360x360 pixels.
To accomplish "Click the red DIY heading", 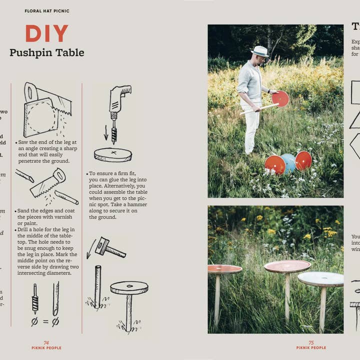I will [x=46, y=34].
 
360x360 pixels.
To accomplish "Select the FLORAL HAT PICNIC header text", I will [x=47, y=10].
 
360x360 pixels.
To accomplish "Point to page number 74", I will [x=46, y=342].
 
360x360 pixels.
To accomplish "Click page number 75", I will [x=311, y=342].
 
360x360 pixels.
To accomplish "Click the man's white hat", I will [x=259, y=51].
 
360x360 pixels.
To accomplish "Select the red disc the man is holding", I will [x=280, y=98].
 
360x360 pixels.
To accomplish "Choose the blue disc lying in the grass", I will [x=288, y=162].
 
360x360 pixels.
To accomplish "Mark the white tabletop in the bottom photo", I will [x=320, y=278].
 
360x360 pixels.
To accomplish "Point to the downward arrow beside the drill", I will [x=106, y=133].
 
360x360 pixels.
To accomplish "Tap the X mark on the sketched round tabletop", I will [x=113, y=152].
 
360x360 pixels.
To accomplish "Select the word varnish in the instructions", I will [x=65, y=216].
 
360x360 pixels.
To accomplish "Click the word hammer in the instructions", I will [x=136, y=204].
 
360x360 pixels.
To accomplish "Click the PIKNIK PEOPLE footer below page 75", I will [x=311, y=347].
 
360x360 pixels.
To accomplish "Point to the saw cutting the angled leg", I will [x=48, y=182].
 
